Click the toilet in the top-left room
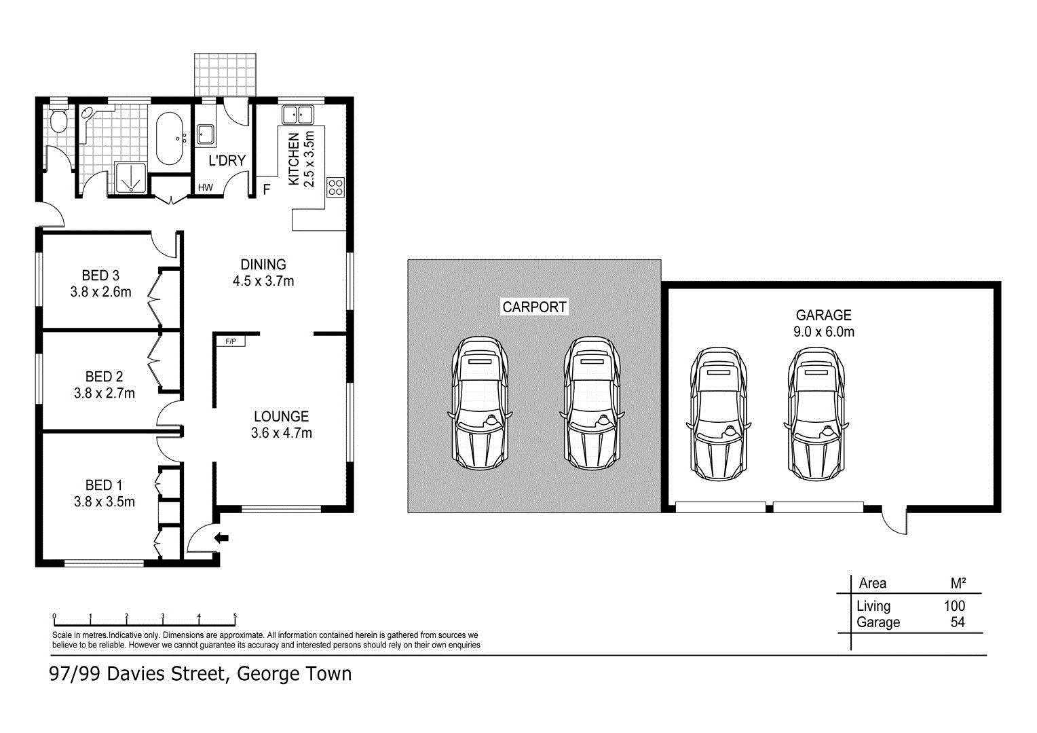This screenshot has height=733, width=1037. [58, 119]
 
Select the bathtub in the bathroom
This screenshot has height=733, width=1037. [169, 139]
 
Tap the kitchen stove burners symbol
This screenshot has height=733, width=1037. [336, 187]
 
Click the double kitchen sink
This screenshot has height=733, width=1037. [297, 115]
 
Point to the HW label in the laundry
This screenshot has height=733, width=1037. [205, 187]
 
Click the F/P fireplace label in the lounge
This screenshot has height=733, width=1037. [231, 341]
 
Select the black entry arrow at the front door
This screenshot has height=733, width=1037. [221, 538]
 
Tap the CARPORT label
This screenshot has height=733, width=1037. [534, 307]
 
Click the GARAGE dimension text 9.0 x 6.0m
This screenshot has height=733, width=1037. [823, 332]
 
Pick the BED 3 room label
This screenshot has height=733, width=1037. [100, 276]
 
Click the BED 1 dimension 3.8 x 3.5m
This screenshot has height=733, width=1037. [105, 502]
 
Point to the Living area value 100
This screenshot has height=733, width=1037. [954, 606]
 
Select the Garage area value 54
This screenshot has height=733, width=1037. [957, 622]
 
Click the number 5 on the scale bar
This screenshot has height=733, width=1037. [235, 616]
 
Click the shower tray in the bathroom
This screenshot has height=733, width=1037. [129, 178]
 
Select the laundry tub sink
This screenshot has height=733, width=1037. [205, 135]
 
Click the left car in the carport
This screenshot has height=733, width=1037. [480, 404]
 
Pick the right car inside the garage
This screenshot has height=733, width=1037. [816, 414]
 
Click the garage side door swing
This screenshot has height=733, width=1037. [895, 521]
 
